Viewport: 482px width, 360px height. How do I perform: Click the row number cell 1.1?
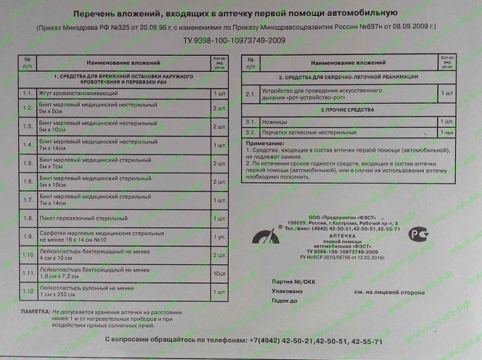click(26, 93)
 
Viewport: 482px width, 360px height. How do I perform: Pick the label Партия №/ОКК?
click(294, 281)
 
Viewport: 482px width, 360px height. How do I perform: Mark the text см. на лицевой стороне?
click(389, 291)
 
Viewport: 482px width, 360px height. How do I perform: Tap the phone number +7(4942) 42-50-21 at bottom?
click(284, 340)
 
